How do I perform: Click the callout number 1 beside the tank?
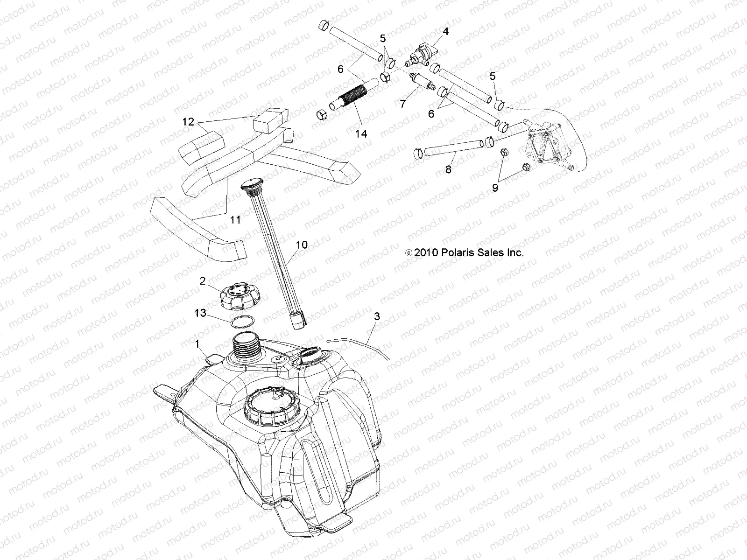(x=197, y=344)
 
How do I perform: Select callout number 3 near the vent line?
(x=377, y=316)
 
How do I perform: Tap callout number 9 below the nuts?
(x=495, y=187)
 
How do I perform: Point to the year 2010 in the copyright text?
(x=425, y=252)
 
